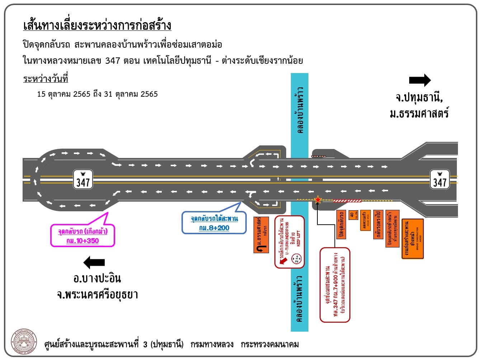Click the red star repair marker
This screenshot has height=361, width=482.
[x=318, y=200]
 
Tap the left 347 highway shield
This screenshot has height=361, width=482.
[x=83, y=179]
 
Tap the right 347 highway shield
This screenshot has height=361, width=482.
[x=440, y=179]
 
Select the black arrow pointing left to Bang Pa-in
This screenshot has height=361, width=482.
[x=94, y=263]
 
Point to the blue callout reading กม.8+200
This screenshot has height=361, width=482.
[x=214, y=223]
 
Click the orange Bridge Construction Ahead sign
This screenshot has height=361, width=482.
[x=412, y=239]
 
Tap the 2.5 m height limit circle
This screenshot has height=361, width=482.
[x=297, y=258]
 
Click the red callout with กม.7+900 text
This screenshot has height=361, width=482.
[x=335, y=285]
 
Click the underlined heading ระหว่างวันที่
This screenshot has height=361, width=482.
[x=46, y=79]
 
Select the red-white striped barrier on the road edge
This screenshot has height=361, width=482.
[x=347, y=201]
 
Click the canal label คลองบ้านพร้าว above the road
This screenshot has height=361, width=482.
[x=300, y=110]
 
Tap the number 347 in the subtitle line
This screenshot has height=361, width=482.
[x=113, y=61]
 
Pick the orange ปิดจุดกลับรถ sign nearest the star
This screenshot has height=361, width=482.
[x=341, y=224]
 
